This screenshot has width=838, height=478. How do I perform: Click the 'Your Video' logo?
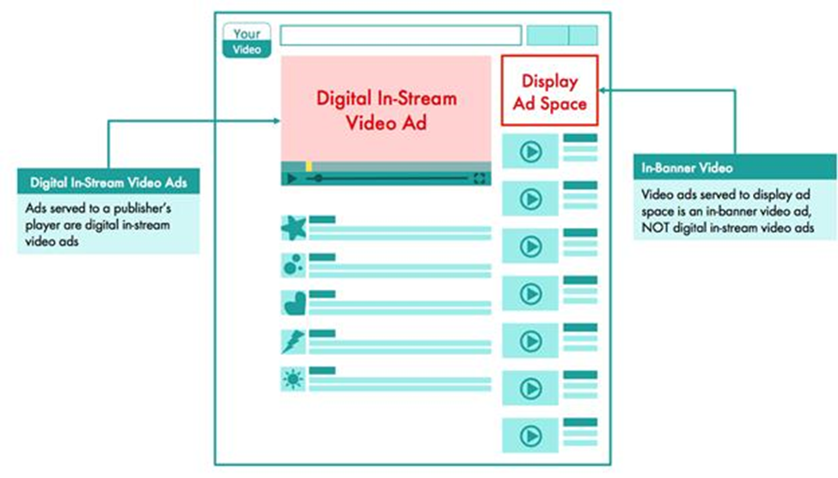pyautogui.click(x=247, y=41)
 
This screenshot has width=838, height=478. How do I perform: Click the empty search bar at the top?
pyautogui.click(x=401, y=35)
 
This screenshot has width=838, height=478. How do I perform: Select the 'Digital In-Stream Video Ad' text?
pyautogui.click(x=386, y=110)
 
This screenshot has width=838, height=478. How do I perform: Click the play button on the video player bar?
pyautogui.click(x=291, y=178)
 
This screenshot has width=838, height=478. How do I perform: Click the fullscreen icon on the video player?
pyautogui.click(x=480, y=178)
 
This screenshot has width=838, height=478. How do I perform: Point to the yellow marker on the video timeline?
pyautogui.click(x=309, y=166)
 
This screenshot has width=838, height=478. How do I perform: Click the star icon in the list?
pyautogui.click(x=293, y=229)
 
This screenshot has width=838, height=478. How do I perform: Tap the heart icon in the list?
pyautogui.click(x=293, y=303)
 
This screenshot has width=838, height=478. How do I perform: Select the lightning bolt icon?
pyautogui.click(x=293, y=341)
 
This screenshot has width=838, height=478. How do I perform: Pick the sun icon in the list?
pyautogui.click(x=293, y=378)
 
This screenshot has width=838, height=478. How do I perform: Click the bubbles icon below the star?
pyautogui.click(x=293, y=266)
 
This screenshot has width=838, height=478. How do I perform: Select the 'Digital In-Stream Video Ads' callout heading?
pyautogui.click(x=108, y=182)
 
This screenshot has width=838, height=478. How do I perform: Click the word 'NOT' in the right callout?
pyautogui.click(x=658, y=227)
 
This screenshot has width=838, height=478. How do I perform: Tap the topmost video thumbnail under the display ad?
pyautogui.click(x=530, y=152)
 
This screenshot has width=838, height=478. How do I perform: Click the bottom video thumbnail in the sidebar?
pyautogui.click(x=530, y=435)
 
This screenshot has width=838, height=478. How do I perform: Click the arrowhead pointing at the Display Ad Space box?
pyautogui.click(x=604, y=89)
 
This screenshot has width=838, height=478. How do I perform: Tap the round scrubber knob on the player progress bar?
pyautogui.click(x=319, y=178)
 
